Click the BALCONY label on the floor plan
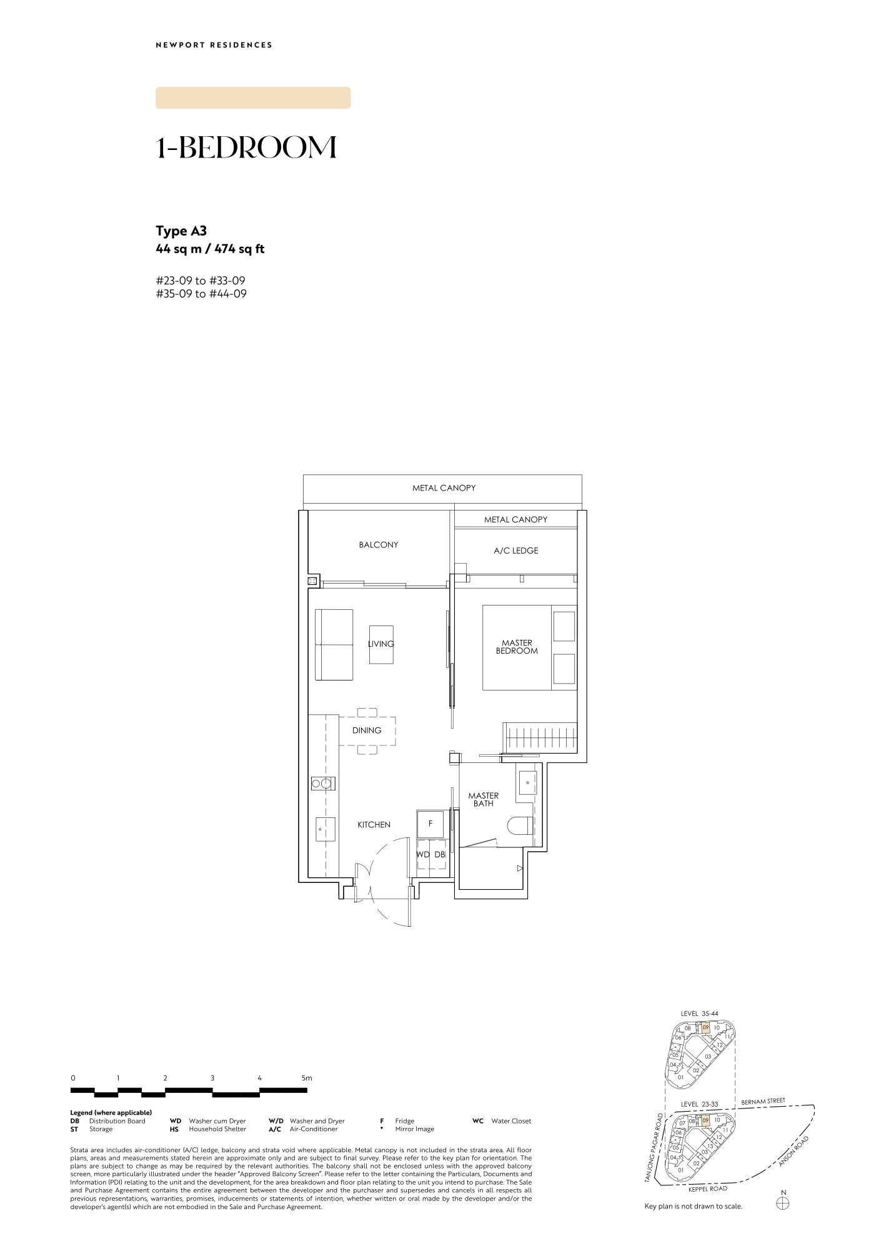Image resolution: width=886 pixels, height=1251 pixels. point(378,545)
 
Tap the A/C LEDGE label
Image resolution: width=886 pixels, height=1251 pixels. point(515,551)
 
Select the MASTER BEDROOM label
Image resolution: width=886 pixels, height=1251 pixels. point(517,647)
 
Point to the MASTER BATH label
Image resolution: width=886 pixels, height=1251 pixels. point(484,799)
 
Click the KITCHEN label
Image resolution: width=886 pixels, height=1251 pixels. point(374,825)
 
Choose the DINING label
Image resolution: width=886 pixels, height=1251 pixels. point(367,730)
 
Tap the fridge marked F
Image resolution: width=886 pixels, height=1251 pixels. point(430,824)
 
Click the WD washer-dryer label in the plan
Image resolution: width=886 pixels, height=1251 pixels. point(423,855)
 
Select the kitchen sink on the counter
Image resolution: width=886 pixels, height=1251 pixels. point(325,829)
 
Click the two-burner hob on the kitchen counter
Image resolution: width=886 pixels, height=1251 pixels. point(323,784)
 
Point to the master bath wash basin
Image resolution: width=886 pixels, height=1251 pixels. point(527,783)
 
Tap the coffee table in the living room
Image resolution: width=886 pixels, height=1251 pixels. point(381,645)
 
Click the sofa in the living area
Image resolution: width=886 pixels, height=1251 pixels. point(334,645)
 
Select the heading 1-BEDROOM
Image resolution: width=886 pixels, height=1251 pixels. point(246,147)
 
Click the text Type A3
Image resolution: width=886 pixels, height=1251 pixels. point(181,231)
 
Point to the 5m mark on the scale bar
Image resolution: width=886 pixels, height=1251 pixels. point(307,1078)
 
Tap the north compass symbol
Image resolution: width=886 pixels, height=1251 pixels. point(783,1203)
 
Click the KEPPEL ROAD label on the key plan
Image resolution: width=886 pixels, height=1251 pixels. point(708,1189)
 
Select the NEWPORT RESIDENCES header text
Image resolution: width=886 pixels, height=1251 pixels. point(214,45)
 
